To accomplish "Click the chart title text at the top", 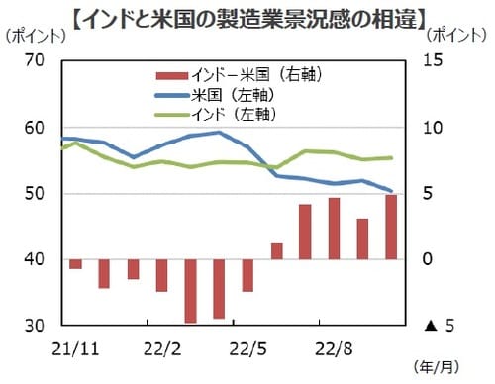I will (x=247, y=16).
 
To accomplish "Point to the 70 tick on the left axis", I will (x=36, y=61).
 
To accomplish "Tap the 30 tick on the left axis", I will (x=36, y=326).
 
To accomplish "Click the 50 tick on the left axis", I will (x=36, y=194).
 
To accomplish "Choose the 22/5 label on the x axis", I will (x=247, y=348).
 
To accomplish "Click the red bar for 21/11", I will (x=75, y=263).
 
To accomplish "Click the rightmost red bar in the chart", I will (x=391, y=227).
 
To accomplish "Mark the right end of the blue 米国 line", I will (x=392, y=191).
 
